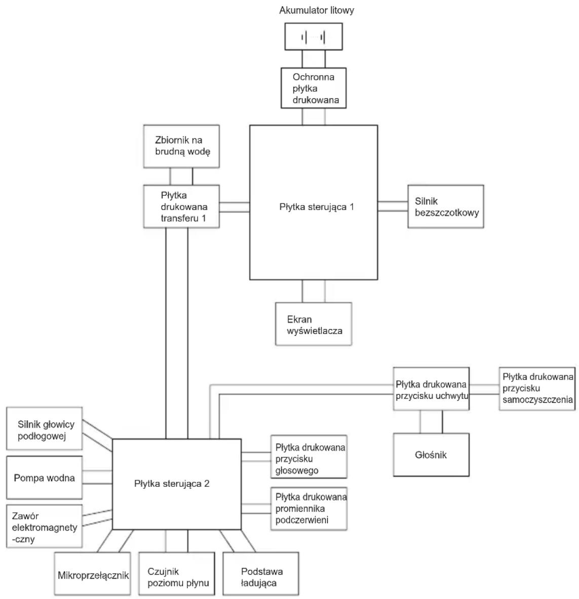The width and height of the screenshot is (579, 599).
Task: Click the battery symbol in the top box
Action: (x=313, y=38)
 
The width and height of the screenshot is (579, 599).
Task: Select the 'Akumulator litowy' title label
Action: (x=317, y=10)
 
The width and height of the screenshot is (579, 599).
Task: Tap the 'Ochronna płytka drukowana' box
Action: (x=314, y=88)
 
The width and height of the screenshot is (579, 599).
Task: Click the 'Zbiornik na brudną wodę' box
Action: (x=181, y=146)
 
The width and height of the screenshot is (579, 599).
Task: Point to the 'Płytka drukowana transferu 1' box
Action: (x=181, y=206)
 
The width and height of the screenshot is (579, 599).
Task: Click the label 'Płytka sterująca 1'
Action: (x=317, y=207)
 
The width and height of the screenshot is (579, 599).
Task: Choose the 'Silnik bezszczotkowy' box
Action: (x=446, y=206)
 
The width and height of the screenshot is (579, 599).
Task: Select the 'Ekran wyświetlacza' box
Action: (x=314, y=324)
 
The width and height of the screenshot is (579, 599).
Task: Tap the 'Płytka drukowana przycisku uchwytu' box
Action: (x=432, y=389)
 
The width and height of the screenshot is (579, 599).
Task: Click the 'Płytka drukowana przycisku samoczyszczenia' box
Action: (x=537, y=389)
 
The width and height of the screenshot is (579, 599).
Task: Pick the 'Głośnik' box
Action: (x=432, y=454)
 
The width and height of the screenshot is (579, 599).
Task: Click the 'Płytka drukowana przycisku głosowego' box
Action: (x=309, y=456)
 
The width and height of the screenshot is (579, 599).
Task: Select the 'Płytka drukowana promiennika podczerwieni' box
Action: (x=309, y=508)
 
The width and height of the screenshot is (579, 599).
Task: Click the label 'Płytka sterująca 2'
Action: (x=172, y=484)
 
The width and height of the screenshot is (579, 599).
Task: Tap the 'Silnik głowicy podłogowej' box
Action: (x=44, y=429)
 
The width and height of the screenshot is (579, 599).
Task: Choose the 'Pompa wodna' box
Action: (x=44, y=477)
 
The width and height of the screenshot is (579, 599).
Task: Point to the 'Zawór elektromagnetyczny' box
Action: (x=44, y=526)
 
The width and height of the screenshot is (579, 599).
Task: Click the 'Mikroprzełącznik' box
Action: (x=92, y=574)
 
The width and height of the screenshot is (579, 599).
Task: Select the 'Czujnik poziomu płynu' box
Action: (x=177, y=574)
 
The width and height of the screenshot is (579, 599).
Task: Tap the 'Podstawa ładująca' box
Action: (x=261, y=574)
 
